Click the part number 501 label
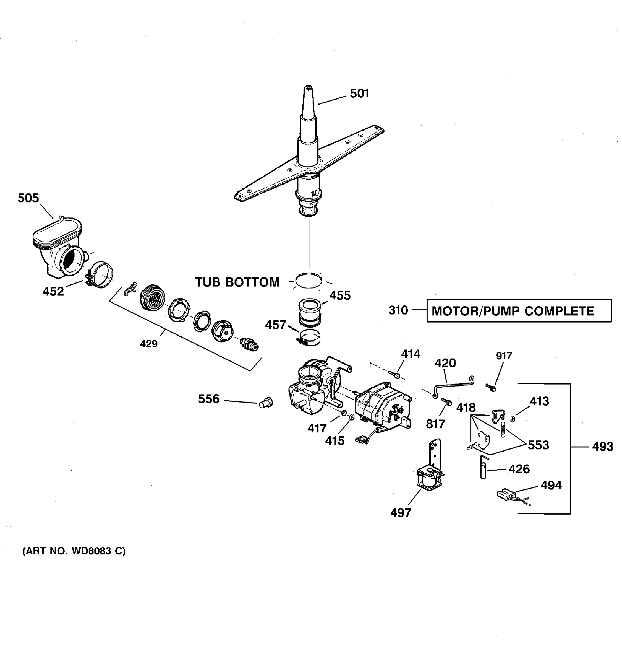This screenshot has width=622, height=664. pos(359,94)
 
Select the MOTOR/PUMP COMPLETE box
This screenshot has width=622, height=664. pos(519,311)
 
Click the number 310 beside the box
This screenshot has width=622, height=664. pos(398,310)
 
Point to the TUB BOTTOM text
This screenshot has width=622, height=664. pos(237,282)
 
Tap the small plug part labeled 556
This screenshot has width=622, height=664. pos(266,403)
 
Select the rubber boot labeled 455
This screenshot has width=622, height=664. pos(310,312)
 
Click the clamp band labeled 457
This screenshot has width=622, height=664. pos(309,338)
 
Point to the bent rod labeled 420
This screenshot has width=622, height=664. pos(454,387)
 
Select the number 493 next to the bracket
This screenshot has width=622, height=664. pos(602,447)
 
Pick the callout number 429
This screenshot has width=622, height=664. pos(148,344)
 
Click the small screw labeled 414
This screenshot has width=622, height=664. pos(394,375)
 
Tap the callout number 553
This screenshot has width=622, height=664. pos(538,445)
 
